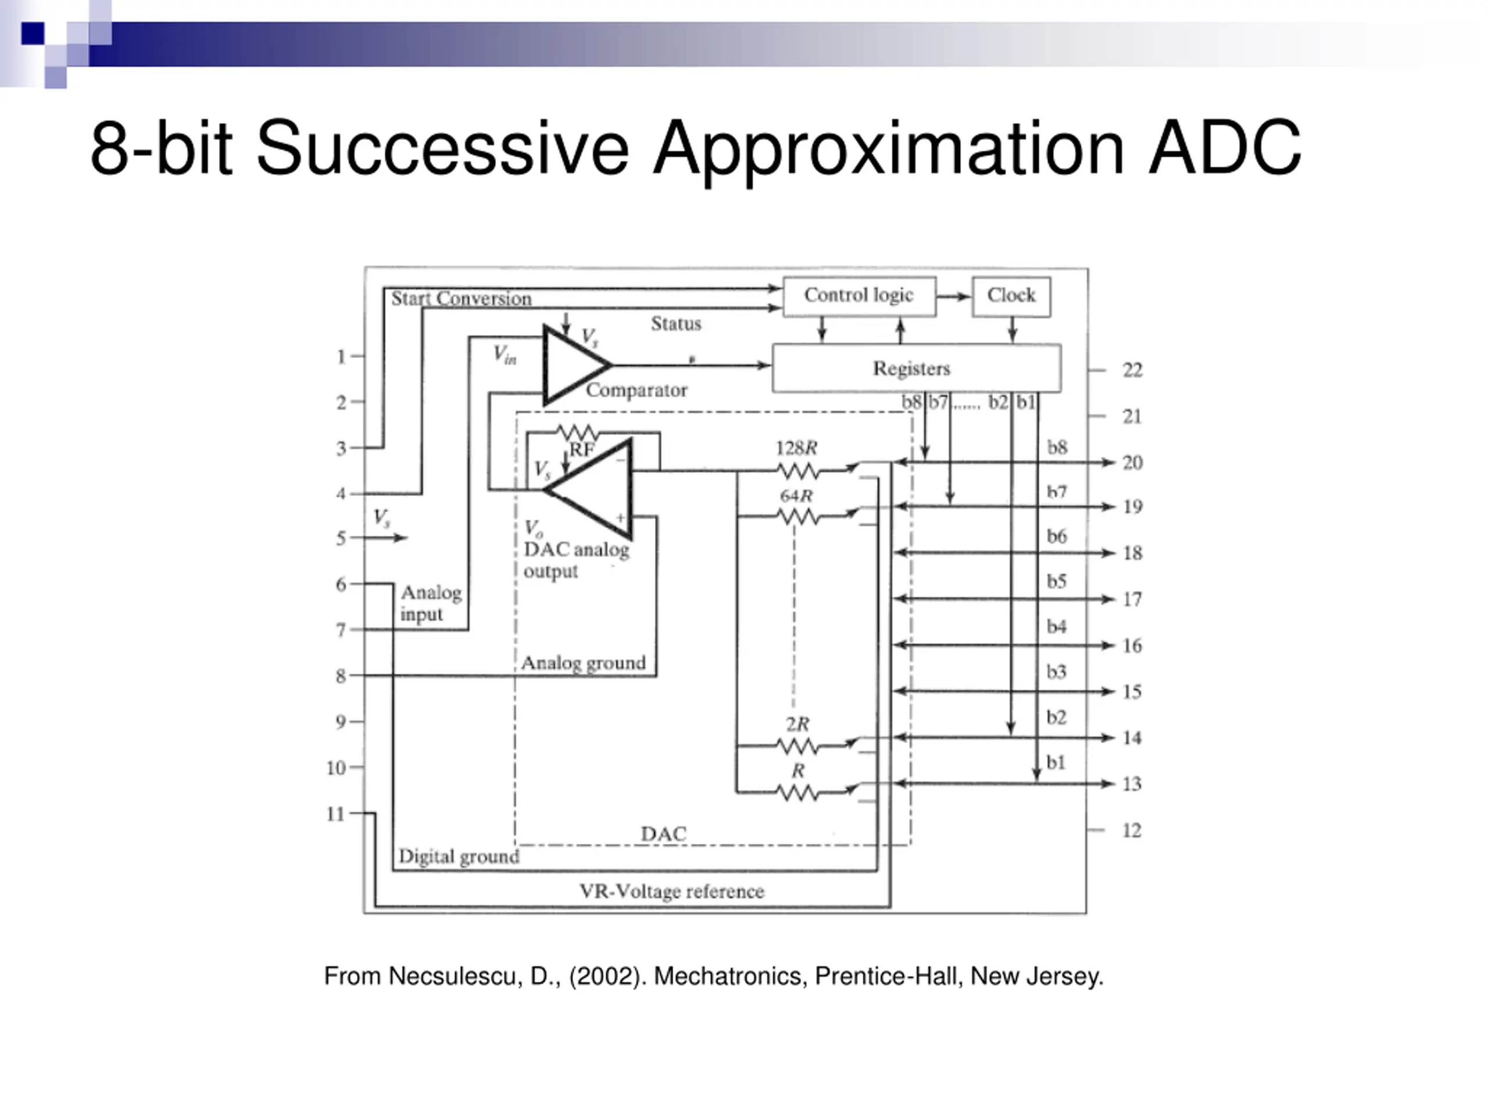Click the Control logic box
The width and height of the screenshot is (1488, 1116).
[x=859, y=296]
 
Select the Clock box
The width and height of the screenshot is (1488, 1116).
[x=1011, y=296]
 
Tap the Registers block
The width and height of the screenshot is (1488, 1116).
[x=916, y=368]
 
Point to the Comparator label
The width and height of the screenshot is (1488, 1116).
[x=636, y=390]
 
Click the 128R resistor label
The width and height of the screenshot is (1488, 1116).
[x=796, y=448]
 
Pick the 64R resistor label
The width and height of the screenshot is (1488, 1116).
[x=796, y=496]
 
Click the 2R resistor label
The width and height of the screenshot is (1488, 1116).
[x=798, y=724]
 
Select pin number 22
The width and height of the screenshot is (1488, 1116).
[x=1132, y=370]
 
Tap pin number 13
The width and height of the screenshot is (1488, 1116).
[x=1132, y=784]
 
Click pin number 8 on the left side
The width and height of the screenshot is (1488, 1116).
[x=341, y=676]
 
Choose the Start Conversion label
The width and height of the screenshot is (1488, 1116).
[x=462, y=299]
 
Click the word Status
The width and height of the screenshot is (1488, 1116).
[x=676, y=324]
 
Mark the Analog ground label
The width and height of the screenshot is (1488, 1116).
[x=583, y=663]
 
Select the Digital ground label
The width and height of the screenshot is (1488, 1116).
[x=459, y=856]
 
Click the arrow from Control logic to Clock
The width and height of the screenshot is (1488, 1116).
[x=954, y=296]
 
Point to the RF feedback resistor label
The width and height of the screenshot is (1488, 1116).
[x=582, y=449]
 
